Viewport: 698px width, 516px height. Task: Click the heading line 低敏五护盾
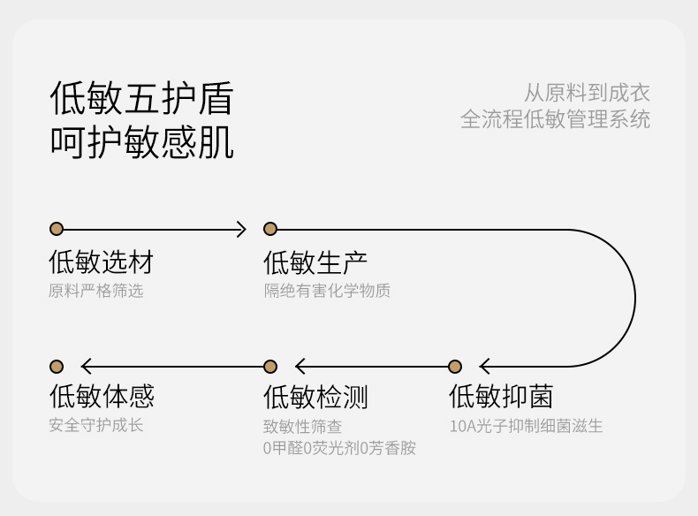point(141,97)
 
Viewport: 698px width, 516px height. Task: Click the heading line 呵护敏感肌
point(141,141)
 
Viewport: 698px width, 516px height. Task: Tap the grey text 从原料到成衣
point(587,93)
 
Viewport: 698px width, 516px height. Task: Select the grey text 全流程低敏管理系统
point(555,119)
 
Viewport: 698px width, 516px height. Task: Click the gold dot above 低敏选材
point(57,230)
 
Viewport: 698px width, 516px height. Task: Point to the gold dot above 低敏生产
point(270,230)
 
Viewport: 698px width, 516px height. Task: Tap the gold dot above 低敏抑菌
point(455,367)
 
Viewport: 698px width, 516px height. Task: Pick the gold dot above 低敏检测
point(270,367)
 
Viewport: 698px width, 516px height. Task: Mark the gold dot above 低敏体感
point(57,367)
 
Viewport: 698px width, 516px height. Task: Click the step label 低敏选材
point(101,262)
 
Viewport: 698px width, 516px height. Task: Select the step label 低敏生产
point(315,262)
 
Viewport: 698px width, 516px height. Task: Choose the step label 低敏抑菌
point(501,397)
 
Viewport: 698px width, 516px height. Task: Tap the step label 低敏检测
point(315,397)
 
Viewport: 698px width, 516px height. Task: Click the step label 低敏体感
point(101,397)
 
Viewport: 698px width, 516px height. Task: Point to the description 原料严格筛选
point(95,291)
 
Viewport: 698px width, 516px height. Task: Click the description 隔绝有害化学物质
point(327,291)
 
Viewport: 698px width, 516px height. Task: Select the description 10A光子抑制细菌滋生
point(526,426)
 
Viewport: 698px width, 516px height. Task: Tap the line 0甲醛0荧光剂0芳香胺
point(339,448)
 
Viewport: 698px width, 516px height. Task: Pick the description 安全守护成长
point(95,425)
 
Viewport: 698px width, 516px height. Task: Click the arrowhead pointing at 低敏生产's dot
point(240,230)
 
